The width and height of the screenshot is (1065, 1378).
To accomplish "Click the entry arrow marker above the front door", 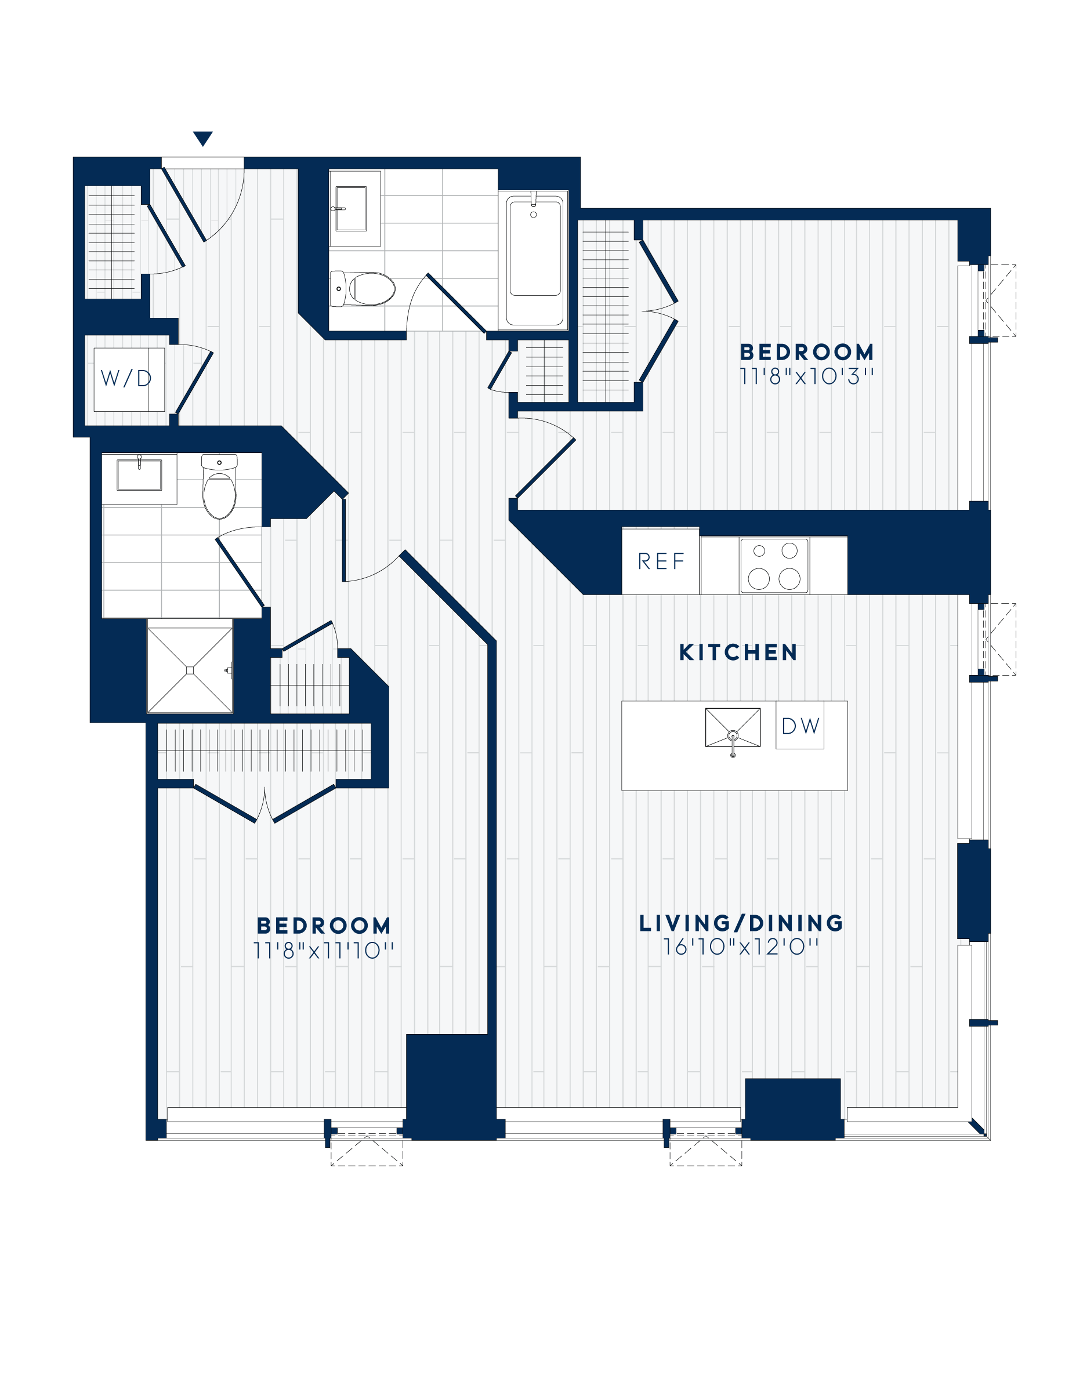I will [x=202, y=138].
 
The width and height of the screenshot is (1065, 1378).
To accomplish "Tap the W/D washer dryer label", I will [x=126, y=379].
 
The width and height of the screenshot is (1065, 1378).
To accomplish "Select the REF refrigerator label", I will [x=661, y=561].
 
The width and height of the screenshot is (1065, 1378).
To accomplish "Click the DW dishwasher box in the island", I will [x=800, y=726].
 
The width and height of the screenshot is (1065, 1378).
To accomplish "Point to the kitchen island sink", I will [x=733, y=727].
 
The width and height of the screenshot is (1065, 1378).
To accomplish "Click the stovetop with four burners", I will [x=774, y=565].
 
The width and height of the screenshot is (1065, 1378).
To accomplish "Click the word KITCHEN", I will [x=738, y=652].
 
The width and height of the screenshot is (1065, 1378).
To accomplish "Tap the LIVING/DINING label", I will [x=741, y=923].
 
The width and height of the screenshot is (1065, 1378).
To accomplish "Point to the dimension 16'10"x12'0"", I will [x=741, y=947].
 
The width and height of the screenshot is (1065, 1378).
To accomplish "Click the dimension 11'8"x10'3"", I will [x=806, y=376].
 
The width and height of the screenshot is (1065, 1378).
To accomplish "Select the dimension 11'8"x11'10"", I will [x=323, y=950].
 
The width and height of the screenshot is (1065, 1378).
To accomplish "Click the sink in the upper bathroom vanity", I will [x=350, y=208].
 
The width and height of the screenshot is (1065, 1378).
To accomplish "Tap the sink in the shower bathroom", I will [x=139, y=474].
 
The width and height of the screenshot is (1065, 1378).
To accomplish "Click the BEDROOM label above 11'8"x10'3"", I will [x=806, y=352].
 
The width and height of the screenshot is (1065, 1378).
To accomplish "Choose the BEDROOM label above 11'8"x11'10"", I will [x=323, y=926].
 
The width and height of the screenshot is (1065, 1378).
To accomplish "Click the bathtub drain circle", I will [x=534, y=215].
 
